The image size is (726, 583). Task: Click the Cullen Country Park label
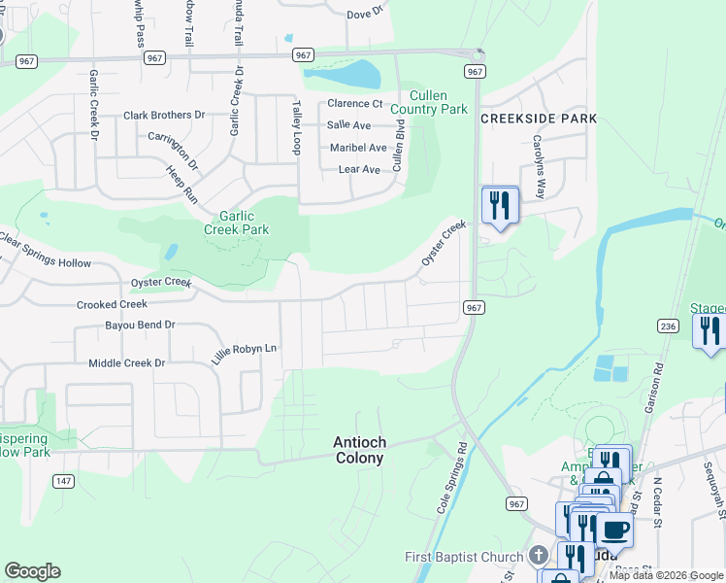pos(439,102)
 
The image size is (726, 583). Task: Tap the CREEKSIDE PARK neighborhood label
pos(539,118)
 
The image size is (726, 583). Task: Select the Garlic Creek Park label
pos(236,223)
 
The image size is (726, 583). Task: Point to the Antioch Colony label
pos(359,449)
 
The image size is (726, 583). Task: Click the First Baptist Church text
pos(464,557)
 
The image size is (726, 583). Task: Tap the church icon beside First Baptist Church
pos(540,556)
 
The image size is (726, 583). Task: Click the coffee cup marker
pos(614,530)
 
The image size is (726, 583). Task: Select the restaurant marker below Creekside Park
pos(500,205)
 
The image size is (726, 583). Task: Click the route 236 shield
pos(666,326)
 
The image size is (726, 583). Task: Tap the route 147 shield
pos(63,481)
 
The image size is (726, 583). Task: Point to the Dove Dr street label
pos(365,14)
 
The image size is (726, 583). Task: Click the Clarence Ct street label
pos(354,103)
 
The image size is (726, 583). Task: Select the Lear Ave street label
pos(359,169)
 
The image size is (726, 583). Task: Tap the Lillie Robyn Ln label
pos(246,348)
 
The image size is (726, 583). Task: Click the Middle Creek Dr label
pos(127,362)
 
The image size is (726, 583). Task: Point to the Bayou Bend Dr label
pos(140,325)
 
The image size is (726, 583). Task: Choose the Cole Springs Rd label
pos(452,480)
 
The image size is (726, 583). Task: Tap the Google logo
pos(32,571)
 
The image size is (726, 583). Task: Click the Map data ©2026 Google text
pos(665,575)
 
